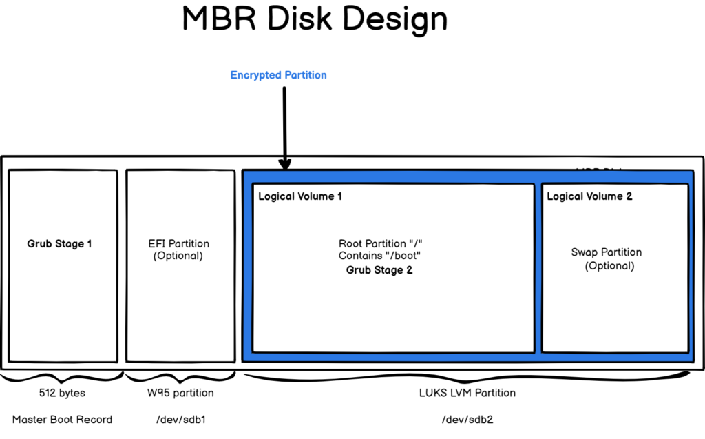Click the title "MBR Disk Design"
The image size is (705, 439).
pyautogui.click(x=315, y=19)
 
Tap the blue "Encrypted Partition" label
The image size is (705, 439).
pyautogui.click(x=278, y=75)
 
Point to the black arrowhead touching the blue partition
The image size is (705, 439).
pyautogui.click(x=285, y=163)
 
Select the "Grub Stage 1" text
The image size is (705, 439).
pyautogui.click(x=59, y=244)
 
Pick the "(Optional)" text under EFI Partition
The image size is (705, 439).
pyautogui.click(x=178, y=256)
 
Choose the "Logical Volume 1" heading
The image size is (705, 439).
pyautogui.click(x=300, y=197)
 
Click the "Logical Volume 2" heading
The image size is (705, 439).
pyautogui.click(x=589, y=197)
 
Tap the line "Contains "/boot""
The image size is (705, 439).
pyautogui.click(x=379, y=256)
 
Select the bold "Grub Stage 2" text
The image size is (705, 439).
pyautogui.click(x=379, y=270)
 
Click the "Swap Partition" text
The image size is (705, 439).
pyautogui.click(x=607, y=252)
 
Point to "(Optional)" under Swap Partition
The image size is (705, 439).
pyautogui.click(x=609, y=265)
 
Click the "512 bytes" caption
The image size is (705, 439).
pyautogui.click(x=61, y=393)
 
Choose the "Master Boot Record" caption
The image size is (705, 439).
pyautogui.click(x=62, y=419)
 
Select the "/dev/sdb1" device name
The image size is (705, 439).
pyautogui.click(x=182, y=419)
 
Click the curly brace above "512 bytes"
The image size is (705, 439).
pyautogui.click(x=62, y=378)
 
